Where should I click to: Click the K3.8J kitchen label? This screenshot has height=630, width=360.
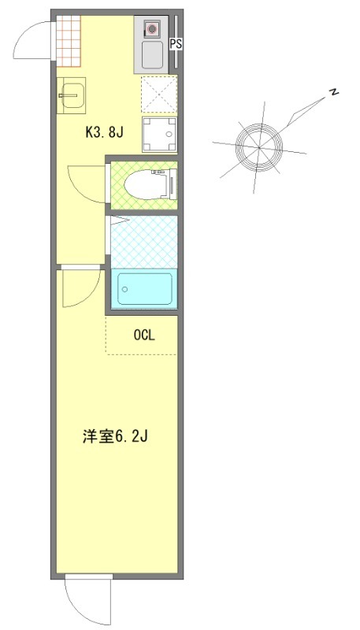coord(105,132)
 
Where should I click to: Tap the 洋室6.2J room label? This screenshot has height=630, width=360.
coord(116,435)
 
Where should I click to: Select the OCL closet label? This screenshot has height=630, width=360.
coord(144,335)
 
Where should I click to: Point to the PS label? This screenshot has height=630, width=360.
coord(176,45)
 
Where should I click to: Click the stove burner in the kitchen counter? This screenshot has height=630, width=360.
coord(152,29)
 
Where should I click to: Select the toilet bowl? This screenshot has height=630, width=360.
coord(146,183)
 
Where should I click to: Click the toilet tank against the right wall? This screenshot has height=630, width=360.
coord(169,183)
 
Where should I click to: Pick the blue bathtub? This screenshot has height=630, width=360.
coord(144,289)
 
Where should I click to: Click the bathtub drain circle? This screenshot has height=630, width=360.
coord(124,289)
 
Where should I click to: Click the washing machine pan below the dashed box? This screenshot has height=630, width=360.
coord(159,135)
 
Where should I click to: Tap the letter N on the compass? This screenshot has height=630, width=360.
coord(334,93)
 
